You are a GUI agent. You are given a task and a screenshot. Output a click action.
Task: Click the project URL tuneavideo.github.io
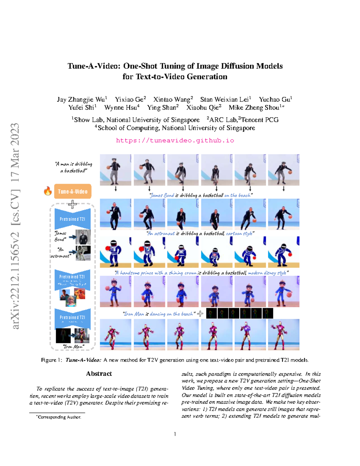[175, 140]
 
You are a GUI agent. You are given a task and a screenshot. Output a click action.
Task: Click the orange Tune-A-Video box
[73, 191]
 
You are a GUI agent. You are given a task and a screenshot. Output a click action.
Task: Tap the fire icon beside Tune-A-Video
[48, 191]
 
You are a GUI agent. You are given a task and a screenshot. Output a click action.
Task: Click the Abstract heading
[99, 374]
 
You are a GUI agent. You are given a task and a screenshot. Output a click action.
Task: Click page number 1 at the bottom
[175, 434]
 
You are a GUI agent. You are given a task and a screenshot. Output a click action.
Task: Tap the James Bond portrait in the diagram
[83, 237]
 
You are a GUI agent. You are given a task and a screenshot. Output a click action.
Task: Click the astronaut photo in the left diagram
[83, 253]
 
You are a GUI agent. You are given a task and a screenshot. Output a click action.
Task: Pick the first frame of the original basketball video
[115, 170]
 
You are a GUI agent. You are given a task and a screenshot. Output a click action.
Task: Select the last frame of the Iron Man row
[283, 335]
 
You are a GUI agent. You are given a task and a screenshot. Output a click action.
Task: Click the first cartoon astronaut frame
[115, 252]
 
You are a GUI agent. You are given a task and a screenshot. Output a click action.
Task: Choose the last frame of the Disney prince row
[283, 291]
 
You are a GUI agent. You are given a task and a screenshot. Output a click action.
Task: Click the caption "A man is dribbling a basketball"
[74, 167]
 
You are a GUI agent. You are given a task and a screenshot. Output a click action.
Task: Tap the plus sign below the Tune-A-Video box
[72, 204]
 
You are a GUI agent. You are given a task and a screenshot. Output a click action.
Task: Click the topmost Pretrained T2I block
[72, 219]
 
